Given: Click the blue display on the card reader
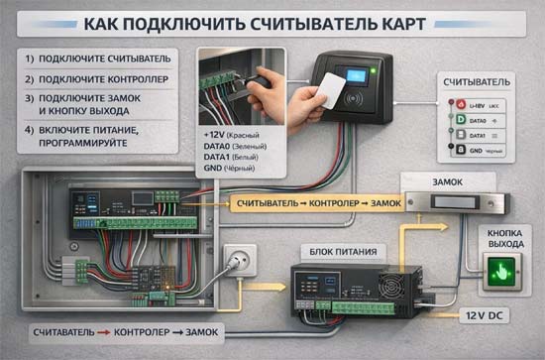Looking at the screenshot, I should coord(352,78).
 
